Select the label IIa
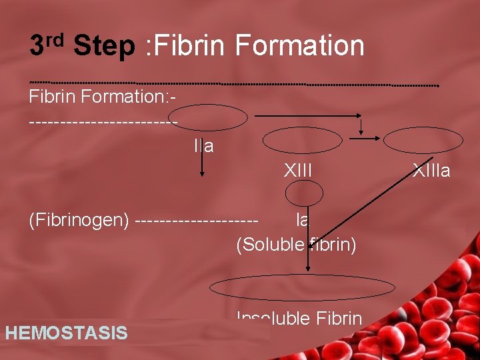point(203,146)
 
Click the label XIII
point(297,171)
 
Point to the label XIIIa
point(431,171)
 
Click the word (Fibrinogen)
point(79,219)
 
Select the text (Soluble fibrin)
point(296,245)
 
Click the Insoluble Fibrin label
point(299,319)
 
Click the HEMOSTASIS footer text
point(66,333)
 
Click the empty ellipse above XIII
point(302,141)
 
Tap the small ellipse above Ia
point(304,194)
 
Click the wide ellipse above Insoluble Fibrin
point(303,287)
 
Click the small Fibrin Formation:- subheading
point(102,97)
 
